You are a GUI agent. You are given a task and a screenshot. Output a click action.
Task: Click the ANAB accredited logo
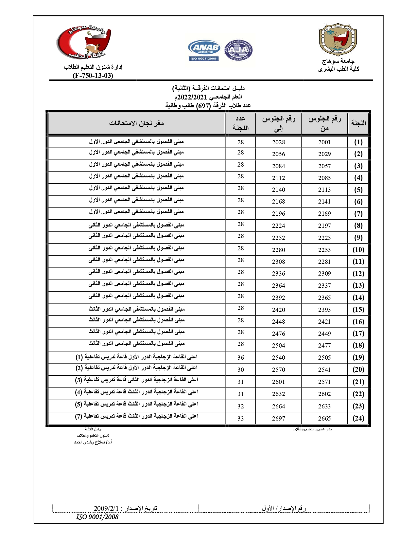point(204,50)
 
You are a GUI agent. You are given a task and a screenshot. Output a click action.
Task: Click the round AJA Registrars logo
point(238,50)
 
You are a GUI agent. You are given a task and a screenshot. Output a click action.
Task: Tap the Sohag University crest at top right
point(338,40)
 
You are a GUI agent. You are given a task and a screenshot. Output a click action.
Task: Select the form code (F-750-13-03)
point(93,76)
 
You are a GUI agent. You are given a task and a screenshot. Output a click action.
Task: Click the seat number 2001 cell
point(324,142)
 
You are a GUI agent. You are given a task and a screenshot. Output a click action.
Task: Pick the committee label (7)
point(358,214)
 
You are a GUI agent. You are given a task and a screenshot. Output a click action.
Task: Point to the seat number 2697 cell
point(279,419)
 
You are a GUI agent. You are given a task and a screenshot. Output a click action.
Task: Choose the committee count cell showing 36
point(241,358)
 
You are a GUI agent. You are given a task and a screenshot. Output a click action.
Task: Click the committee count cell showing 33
point(241,419)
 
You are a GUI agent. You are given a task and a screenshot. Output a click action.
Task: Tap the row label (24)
point(358,418)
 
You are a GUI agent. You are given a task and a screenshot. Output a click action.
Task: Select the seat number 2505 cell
point(324,358)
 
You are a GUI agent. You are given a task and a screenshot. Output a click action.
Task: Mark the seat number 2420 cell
point(279,310)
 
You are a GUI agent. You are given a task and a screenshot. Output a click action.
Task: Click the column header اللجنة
point(358,123)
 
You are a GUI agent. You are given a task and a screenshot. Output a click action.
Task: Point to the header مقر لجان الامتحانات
point(136,123)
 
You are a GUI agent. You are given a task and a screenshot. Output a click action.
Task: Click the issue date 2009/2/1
point(106,508)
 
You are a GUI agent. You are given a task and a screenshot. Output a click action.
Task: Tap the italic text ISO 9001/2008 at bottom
point(97,517)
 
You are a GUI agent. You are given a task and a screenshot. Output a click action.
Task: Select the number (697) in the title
point(203,106)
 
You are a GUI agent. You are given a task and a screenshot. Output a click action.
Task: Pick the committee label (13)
point(358,285)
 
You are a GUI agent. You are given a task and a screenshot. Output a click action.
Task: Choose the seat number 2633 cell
point(324,406)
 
